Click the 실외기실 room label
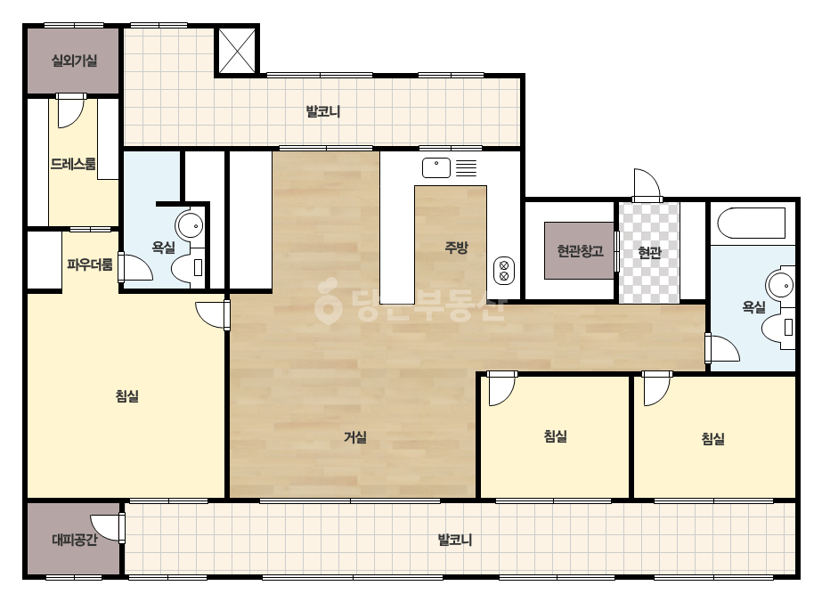(x=75, y=61)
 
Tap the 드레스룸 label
(x=73, y=164)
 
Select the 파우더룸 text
(x=90, y=264)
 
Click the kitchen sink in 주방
(x=436, y=167)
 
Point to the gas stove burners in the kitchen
(x=504, y=271)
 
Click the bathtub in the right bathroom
(x=752, y=223)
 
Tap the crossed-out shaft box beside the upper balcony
(x=236, y=51)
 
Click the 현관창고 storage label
(x=580, y=250)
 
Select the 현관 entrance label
(x=649, y=253)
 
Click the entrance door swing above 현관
(x=647, y=184)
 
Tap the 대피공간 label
(x=75, y=540)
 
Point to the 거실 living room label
(x=355, y=436)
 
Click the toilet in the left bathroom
(x=188, y=267)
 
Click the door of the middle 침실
(x=501, y=388)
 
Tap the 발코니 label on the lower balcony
(x=455, y=540)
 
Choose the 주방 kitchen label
(x=456, y=247)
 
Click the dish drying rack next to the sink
(x=466, y=167)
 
